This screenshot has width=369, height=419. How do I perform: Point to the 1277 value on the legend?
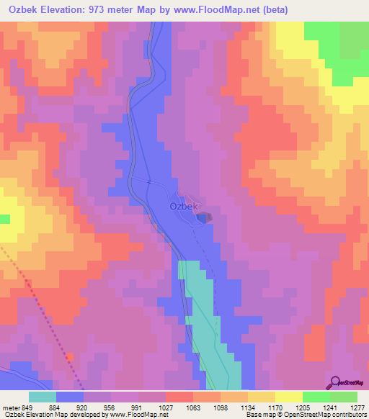click(x=357, y=406)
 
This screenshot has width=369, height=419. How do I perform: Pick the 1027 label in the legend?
click(x=166, y=406)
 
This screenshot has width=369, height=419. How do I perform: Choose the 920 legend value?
click(x=84, y=406)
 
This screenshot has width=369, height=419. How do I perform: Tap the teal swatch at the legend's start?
click(x=43, y=397)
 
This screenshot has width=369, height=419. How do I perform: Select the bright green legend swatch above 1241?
click(x=316, y=397)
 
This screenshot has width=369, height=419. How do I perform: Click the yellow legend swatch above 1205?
click(x=289, y=397)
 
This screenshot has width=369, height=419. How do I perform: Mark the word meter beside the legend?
click(x=10, y=406)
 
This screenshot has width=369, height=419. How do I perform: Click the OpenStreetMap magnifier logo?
click(x=334, y=382)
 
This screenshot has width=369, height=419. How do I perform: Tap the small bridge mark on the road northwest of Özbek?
click(x=149, y=181)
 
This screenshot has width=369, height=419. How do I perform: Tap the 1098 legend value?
click(x=221, y=406)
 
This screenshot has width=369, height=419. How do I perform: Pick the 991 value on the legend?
click(x=138, y=406)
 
